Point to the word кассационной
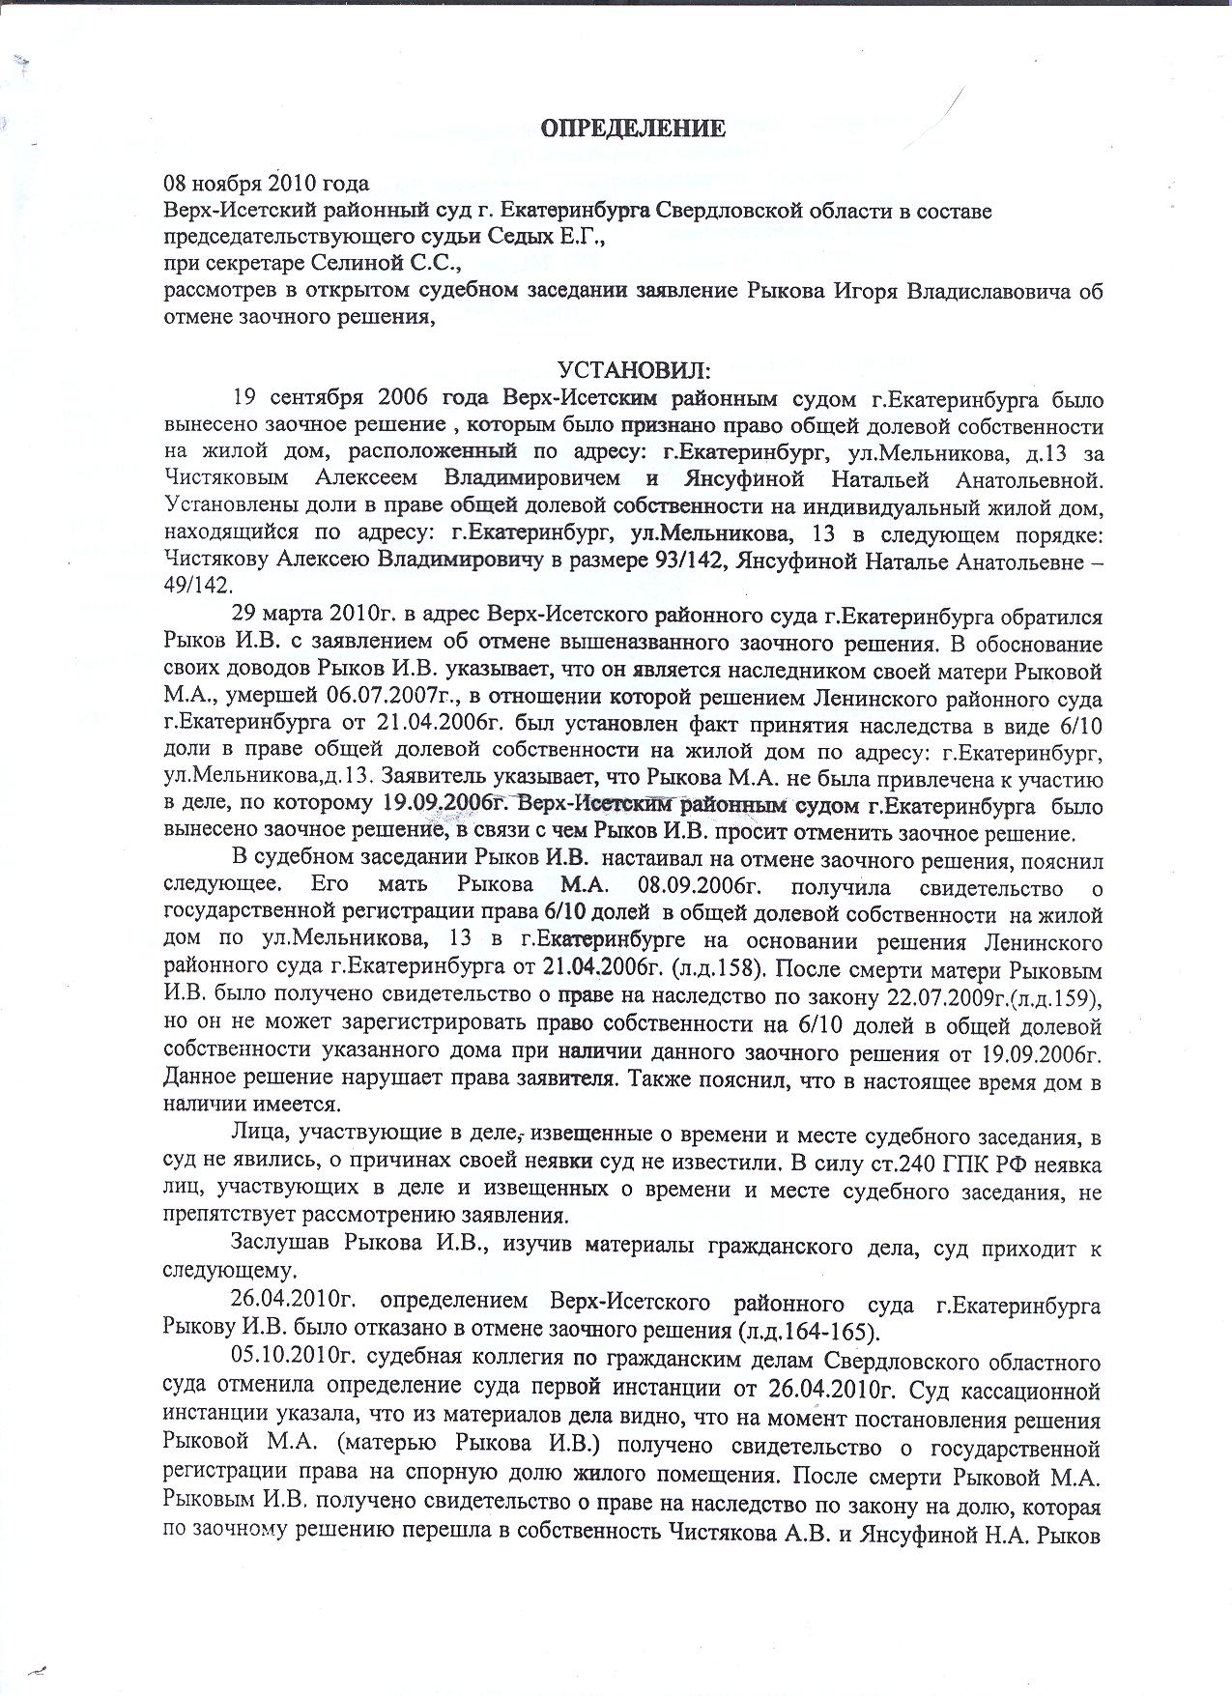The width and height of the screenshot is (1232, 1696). tap(1041, 1392)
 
